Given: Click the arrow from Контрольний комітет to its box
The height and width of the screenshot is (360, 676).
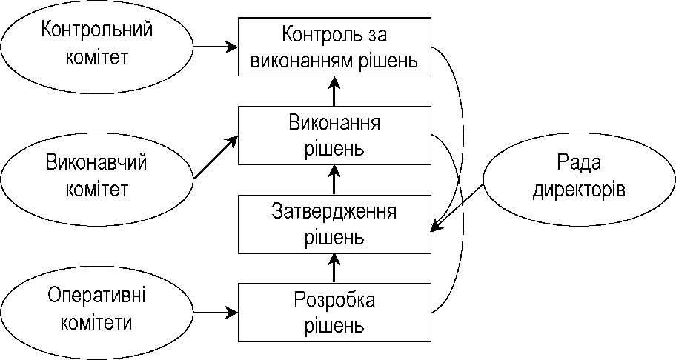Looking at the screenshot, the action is point(216,47).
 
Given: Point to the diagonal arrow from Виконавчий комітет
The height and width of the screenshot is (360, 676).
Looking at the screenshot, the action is point(216,157).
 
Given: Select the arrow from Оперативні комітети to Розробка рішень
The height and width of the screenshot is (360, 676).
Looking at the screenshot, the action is point(216,312).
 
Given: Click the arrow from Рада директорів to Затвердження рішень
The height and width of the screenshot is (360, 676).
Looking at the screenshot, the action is point(457,207).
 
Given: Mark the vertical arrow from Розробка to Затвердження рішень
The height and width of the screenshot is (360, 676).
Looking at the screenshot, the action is point(334,268).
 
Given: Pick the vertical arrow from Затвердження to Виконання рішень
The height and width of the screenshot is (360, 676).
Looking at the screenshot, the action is point(334,179).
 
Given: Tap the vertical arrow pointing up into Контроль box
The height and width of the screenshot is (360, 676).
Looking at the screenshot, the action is point(334,91).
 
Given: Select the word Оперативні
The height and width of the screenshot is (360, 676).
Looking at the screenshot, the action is point(96,296).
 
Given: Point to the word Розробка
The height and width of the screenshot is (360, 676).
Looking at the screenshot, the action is point(334,300).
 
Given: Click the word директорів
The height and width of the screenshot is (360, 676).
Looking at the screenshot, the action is point(579,190).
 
